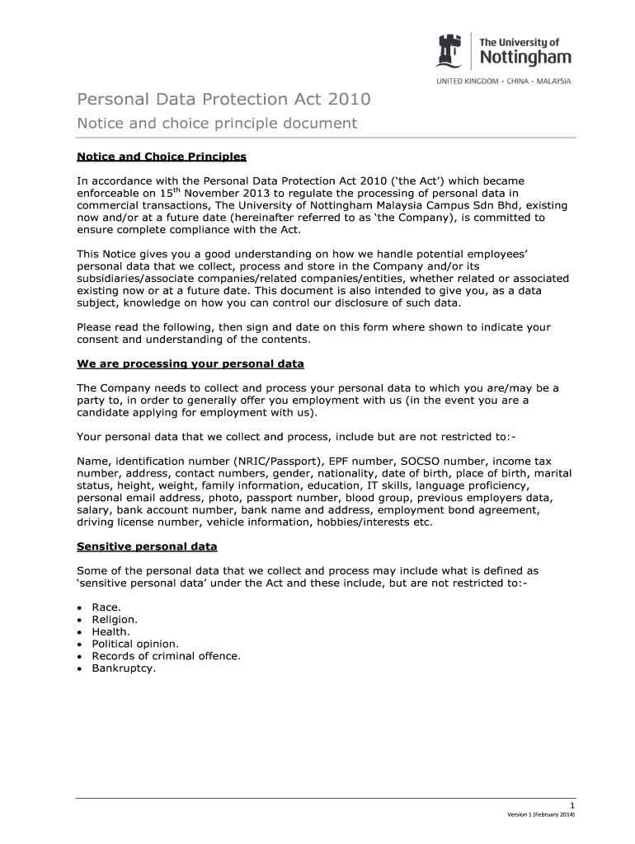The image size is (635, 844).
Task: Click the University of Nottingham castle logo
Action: (x=450, y=51)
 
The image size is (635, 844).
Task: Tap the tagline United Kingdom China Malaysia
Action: (x=503, y=81)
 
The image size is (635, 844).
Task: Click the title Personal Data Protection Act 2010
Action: (x=223, y=100)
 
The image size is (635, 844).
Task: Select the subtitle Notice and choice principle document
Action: (x=217, y=124)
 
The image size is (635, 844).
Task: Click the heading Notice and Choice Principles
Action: (x=161, y=156)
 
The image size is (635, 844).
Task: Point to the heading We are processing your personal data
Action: (x=190, y=363)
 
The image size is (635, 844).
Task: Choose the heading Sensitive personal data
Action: (x=147, y=546)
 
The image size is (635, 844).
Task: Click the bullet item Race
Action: (x=106, y=606)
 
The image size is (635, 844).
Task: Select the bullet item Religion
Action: (x=115, y=618)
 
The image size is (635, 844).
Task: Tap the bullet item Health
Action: (x=111, y=631)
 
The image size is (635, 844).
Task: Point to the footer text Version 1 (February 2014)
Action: (x=540, y=814)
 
